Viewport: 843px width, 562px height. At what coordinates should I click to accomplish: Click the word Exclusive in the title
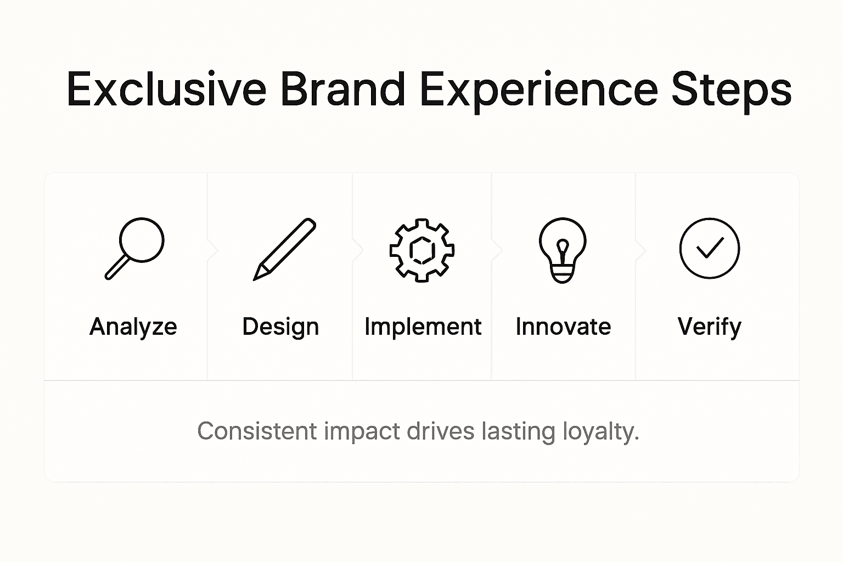pos(166,89)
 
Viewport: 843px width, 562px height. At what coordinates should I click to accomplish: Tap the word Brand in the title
pos(342,89)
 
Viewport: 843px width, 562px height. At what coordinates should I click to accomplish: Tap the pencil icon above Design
pos(284,249)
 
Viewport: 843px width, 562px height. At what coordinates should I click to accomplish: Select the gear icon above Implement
pos(421,250)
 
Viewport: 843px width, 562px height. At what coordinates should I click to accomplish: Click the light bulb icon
pos(563,250)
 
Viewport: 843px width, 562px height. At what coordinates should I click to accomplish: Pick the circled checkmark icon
pos(709,248)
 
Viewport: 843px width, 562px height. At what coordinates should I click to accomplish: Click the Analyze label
pos(133,327)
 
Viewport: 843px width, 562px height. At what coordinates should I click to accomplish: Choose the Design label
pos(280,327)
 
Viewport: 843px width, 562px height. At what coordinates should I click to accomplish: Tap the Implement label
pos(423,327)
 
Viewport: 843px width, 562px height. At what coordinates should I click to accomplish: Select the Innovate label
pos(563,327)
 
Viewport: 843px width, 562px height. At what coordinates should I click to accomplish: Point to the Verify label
pos(709,327)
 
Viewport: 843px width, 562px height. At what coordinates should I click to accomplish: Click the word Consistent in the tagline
pos(257,431)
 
